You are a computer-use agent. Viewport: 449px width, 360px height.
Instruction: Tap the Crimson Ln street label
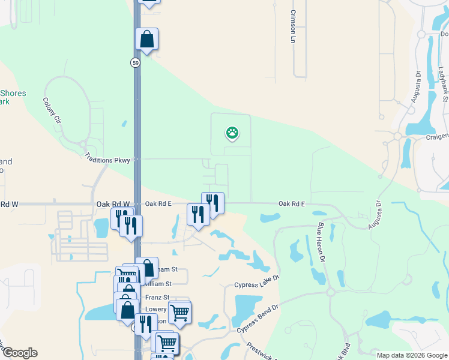(x=294, y=26)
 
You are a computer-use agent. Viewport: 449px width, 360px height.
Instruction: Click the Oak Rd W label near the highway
(x=113, y=204)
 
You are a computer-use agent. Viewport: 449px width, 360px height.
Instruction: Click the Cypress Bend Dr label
(x=258, y=319)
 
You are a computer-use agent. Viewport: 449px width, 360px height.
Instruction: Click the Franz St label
(x=156, y=298)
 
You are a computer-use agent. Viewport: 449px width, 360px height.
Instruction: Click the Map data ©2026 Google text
(x=412, y=355)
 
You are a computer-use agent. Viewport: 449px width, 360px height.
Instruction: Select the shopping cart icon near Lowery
(x=179, y=312)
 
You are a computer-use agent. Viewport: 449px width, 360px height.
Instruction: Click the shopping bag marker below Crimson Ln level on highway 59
(x=146, y=40)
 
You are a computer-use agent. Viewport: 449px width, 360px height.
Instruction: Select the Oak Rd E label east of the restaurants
(x=292, y=204)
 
